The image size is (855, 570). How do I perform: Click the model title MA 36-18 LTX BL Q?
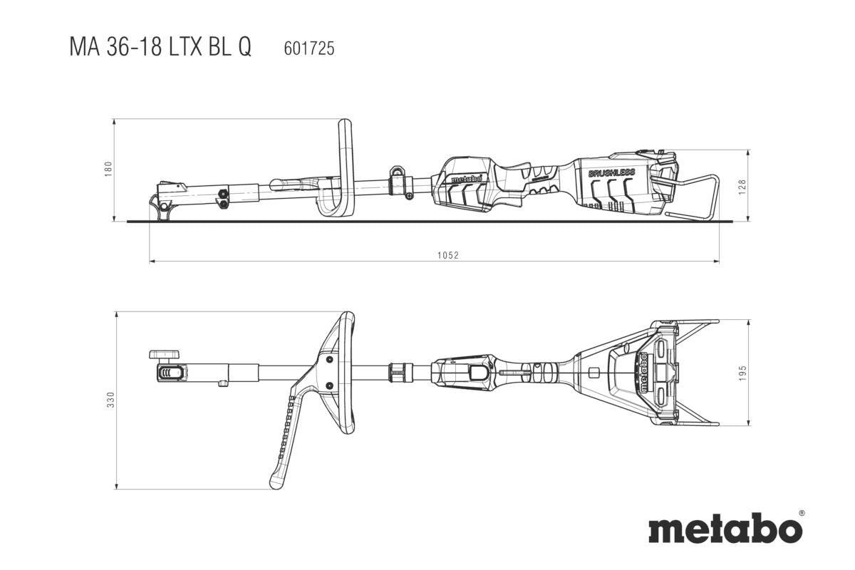click(x=160, y=48)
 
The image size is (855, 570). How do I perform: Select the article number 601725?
click(x=309, y=48)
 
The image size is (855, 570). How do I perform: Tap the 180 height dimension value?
click(x=108, y=170)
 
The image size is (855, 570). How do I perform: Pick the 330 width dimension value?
click(x=108, y=400)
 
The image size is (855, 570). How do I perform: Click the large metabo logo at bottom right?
click(x=724, y=530)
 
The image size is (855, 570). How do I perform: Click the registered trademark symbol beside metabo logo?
click(x=801, y=512)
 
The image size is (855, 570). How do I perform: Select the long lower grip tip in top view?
click(x=276, y=482)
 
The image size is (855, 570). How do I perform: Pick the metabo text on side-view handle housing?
click(x=467, y=178)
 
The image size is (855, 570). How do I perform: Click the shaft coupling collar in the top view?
click(x=400, y=372)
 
